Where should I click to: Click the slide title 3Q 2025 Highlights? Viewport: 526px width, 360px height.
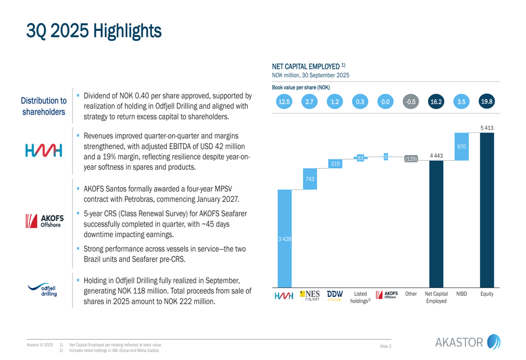pyautogui.click(x=94, y=30)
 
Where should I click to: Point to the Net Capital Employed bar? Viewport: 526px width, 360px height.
pyautogui.click(x=436, y=223)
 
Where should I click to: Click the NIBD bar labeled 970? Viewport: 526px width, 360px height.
pyautogui.click(x=461, y=147)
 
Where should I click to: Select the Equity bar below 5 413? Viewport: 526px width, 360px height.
pyautogui.click(x=487, y=210)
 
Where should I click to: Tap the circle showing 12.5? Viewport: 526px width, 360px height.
pyautogui.click(x=284, y=102)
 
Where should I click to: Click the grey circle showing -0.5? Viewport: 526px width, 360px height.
pyautogui.click(x=411, y=102)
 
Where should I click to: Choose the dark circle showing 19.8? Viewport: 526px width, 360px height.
pyautogui.click(x=487, y=101)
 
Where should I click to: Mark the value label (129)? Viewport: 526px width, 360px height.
pyautogui.click(x=411, y=159)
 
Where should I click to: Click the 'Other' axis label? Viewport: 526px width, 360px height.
pyautogui.click(x=411, y=294)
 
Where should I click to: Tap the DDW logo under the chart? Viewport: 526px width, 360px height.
pyautogui.click(x=335, y=295)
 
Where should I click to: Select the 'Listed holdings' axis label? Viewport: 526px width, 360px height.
pyautogui.click(x=360, y=297)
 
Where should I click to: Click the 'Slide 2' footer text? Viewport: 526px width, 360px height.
pyautogui.click(x=385, y=346)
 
